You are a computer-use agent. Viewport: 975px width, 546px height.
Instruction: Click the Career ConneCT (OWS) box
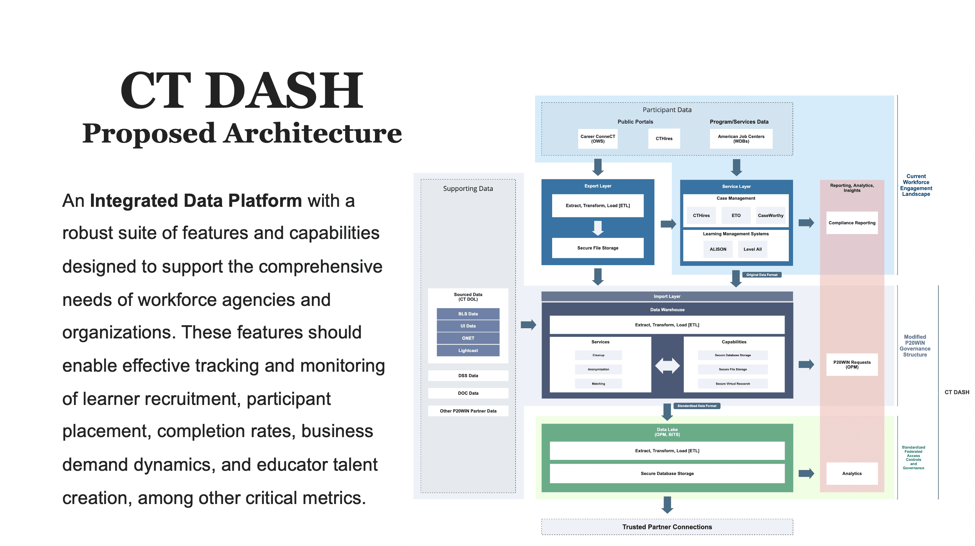598,139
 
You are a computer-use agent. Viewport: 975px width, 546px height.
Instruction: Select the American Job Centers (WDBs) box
741,139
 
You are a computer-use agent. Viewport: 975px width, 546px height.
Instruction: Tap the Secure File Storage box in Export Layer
598,248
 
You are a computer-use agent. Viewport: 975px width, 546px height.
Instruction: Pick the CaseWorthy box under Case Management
770,215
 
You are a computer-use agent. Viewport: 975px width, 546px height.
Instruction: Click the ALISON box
717,249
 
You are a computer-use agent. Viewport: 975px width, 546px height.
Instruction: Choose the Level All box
752,249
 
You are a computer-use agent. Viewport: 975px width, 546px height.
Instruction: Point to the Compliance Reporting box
852,223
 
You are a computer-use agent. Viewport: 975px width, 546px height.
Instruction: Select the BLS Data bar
468,314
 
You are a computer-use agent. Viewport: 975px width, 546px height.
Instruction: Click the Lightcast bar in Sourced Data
468,351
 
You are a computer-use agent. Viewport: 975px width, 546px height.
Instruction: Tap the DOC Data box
468,393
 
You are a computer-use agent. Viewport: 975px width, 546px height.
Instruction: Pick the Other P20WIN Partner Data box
468,411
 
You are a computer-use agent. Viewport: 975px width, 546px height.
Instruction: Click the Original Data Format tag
762,275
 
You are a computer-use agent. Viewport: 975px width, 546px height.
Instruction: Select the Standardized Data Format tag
696,406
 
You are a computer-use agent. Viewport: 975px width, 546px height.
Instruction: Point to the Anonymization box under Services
598,369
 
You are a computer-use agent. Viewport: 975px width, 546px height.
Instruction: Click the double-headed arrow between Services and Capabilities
667,365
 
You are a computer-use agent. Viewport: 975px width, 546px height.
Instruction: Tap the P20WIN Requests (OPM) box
852,365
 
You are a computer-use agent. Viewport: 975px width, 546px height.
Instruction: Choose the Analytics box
852,473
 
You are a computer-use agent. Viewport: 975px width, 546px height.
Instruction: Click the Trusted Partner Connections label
667,527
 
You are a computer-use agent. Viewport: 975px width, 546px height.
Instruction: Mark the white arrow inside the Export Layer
598,228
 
